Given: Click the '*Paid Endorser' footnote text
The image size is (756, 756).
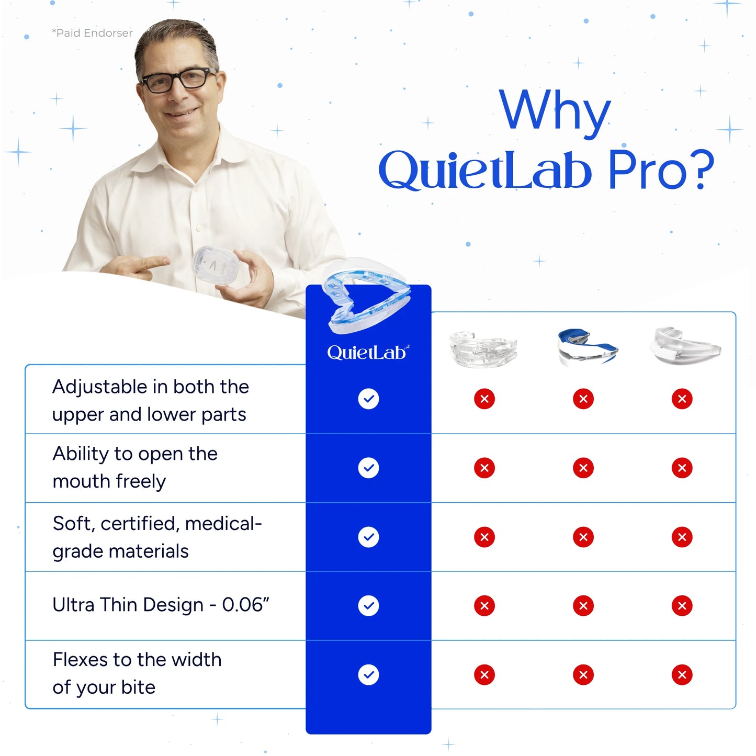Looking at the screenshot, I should tap(92, 33).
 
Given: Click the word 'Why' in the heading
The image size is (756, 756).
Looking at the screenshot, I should tap(555, 111).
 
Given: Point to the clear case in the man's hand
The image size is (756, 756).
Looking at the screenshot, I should tap(215, 267).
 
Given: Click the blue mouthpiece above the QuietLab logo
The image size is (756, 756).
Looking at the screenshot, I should tap(366, 301).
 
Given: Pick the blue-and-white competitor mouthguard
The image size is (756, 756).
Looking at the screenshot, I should tap(586, 346).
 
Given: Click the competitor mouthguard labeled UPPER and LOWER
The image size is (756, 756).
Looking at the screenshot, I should tap(483, 348).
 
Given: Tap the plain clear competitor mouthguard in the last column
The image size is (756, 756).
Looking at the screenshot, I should tap(683, 345).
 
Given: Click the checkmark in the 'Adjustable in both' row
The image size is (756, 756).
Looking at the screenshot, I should tap(368, 399).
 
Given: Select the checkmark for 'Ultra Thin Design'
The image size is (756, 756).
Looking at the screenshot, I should tap(368, 606).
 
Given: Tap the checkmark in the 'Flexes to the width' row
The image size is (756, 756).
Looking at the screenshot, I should tap(368, 674).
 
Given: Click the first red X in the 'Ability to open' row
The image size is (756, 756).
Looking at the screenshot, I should tap(484, 468).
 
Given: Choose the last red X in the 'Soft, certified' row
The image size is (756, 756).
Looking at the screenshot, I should tap(682, 537).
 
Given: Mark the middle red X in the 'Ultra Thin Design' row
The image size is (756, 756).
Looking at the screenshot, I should tap(583, 606).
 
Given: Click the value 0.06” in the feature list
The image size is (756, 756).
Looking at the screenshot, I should tap(245, 605).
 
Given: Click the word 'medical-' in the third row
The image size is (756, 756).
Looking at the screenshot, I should tap(223, 524).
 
